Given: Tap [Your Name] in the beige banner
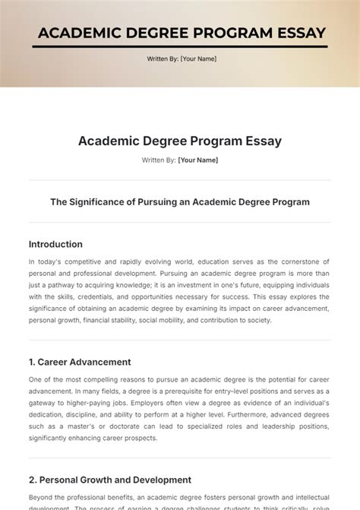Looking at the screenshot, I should [198, 59].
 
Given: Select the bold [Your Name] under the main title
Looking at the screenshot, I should [198, 160].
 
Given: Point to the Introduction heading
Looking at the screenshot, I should [55, 244].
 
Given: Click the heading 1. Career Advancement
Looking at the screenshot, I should [80, 362].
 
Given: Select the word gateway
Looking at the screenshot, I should [46, 403].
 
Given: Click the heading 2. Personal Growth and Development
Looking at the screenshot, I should [110, 480].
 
